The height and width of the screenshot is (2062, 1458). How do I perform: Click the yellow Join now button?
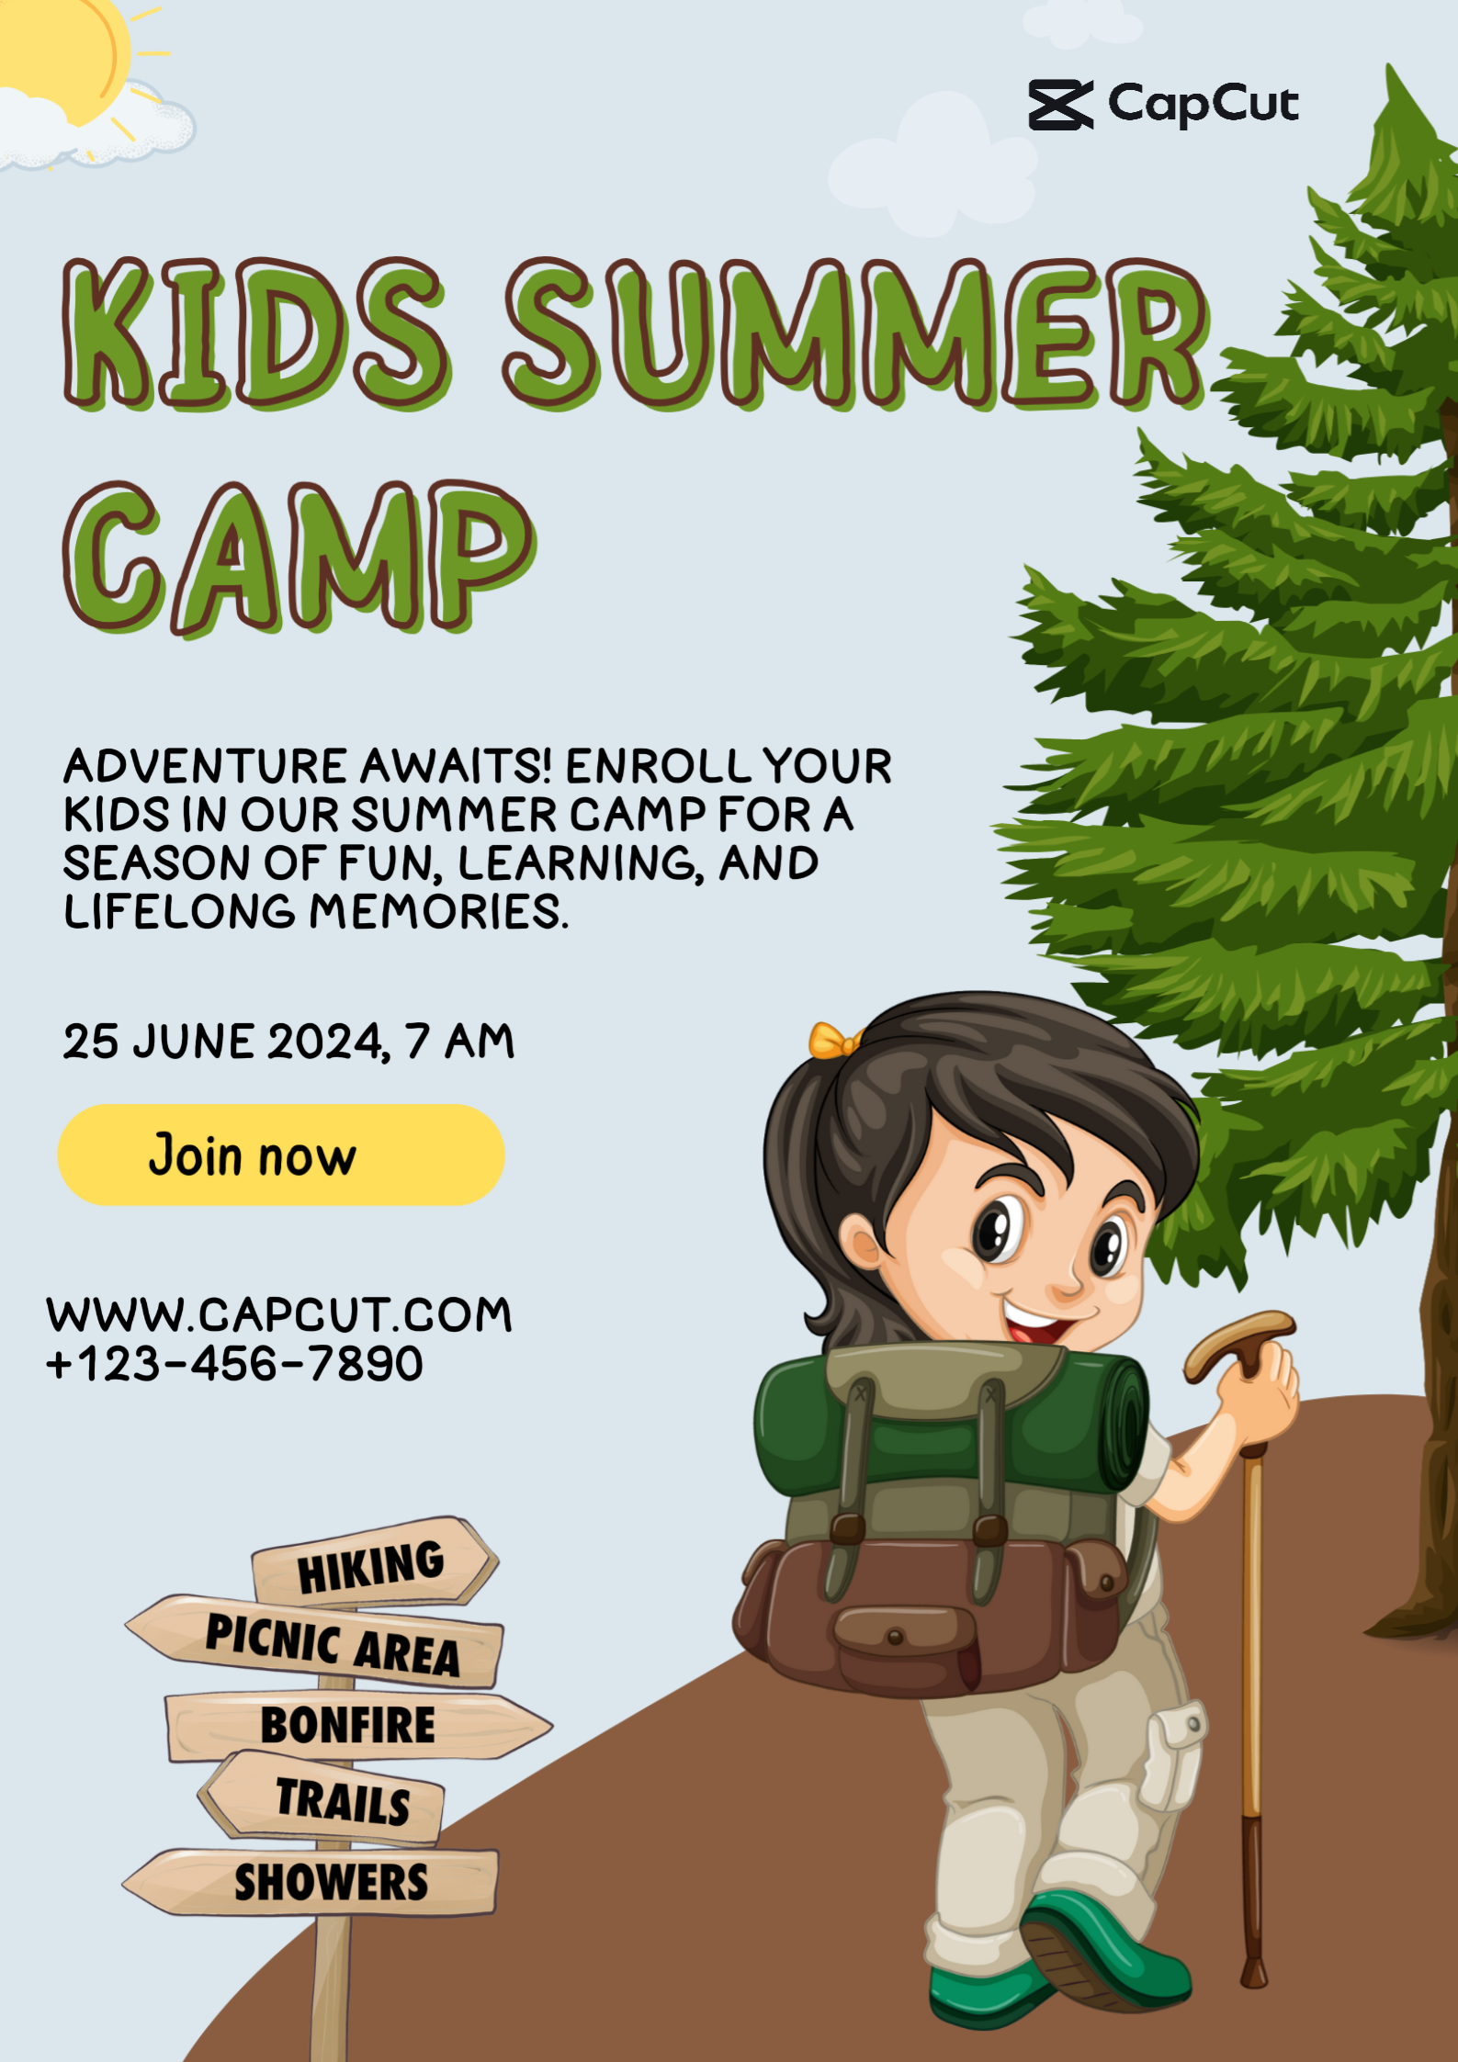point(281,1155)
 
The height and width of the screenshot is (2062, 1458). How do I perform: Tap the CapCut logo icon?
point(1060,105)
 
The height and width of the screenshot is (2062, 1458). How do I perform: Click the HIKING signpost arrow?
point(375,1563)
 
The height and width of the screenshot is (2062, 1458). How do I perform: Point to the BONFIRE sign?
point(358,1725)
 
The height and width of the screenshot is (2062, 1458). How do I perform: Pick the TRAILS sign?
point(322,1797)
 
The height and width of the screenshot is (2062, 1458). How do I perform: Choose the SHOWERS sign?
point(311,1882)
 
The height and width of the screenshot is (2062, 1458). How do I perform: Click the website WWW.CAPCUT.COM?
point(279,1314)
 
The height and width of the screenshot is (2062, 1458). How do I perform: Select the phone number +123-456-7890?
point(235,1364)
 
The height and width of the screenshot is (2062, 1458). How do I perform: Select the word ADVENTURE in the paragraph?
point(206,766)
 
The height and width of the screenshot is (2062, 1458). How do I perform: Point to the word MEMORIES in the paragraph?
point(438,912)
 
